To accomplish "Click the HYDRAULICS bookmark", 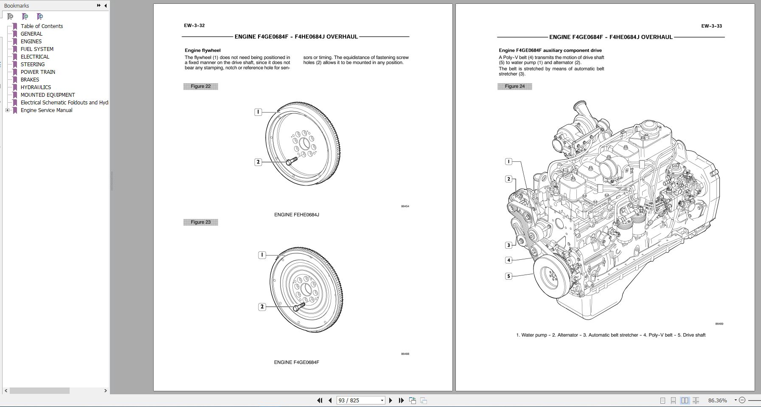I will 36,87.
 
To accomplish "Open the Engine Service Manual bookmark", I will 46,110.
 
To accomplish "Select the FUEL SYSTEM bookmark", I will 37,49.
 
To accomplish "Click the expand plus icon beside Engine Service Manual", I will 7,110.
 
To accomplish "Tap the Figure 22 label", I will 200,86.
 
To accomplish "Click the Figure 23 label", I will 200,222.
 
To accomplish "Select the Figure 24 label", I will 514,86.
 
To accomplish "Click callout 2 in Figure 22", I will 258,162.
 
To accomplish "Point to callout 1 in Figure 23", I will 262,255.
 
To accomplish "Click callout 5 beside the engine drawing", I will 508,276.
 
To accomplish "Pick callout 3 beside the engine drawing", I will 508,245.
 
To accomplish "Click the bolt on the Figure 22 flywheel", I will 291,161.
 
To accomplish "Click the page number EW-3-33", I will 711,26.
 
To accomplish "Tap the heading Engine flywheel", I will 202,50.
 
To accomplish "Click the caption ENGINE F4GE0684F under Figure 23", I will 296,362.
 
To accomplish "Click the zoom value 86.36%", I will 717,400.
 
